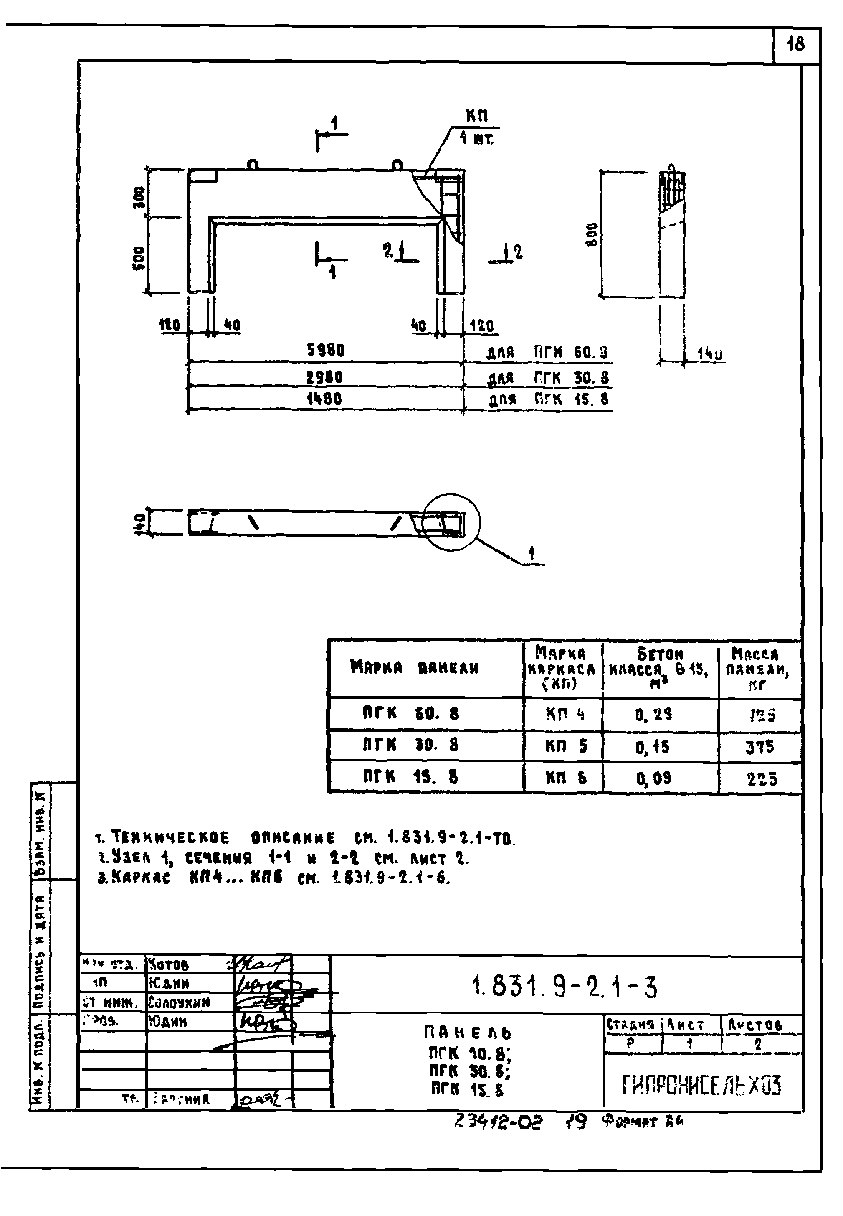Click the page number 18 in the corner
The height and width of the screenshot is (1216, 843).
795,44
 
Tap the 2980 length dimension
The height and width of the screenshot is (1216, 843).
324,377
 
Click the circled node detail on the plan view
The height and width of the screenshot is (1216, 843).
451,522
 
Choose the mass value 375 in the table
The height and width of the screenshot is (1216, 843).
760,746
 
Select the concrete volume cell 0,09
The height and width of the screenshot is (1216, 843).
653,778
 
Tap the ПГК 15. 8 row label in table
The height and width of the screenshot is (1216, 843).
410,777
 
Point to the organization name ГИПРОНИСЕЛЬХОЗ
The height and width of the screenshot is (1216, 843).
701,1085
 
